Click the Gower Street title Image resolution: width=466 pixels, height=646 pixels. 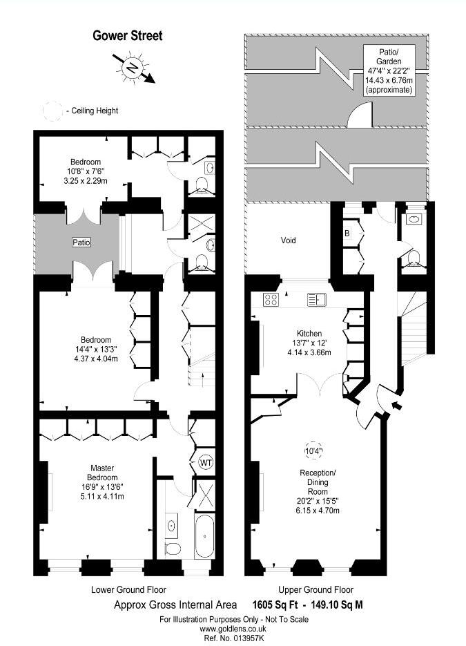[128, 36]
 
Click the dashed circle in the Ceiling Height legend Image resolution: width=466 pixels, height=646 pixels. [52, 111]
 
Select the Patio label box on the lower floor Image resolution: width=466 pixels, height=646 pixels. [81, 243]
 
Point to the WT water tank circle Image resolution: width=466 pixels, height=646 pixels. [206, 462]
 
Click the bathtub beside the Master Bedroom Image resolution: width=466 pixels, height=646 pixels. [204, 535]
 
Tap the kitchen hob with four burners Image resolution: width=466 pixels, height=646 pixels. [271, 300]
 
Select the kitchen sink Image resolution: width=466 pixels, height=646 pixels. [317, 300]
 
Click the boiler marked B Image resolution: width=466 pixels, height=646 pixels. [347, 234]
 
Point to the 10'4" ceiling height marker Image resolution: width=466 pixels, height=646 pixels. [313, 450]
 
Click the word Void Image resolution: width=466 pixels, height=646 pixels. [288, 240]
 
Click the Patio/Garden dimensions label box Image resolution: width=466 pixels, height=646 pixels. [389, 71]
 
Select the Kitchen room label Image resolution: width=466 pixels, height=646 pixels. [309, 333]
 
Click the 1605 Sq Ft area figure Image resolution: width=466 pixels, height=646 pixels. [275, 605]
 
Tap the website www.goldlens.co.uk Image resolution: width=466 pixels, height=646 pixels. [233, 629]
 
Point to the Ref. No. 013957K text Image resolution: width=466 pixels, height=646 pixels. [233, 638]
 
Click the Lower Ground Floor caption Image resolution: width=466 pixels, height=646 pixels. [128, 590]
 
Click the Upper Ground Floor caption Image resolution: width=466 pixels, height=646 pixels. [315, 590]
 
